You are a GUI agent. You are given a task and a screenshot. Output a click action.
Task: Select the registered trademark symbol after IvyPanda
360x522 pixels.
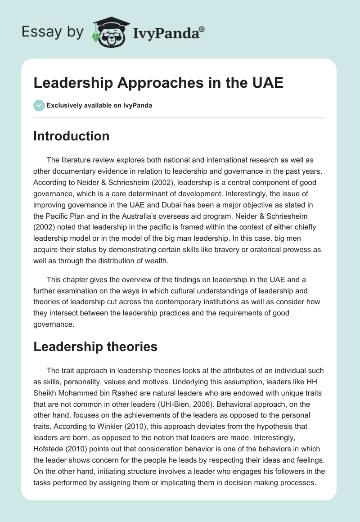202,28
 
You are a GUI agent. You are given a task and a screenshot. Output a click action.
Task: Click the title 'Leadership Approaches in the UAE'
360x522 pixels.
158,83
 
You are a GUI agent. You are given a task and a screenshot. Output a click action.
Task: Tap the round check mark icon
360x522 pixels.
39,106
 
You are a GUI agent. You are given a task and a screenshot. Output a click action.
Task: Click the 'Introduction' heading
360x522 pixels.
71,136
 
